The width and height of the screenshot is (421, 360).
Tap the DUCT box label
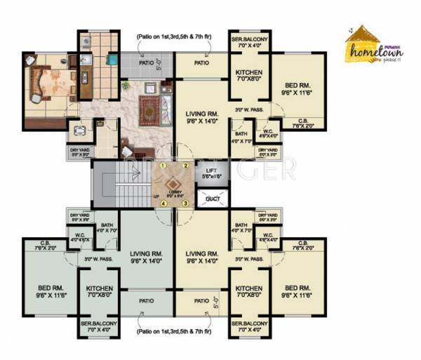[x=210, y=198]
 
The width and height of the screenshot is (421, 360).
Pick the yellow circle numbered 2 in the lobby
[x=186, y=165]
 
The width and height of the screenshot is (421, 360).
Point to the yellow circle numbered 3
[x=186, y=204]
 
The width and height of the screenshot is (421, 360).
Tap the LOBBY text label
[x=173, y=190]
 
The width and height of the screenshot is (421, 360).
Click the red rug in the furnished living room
[x=150, y=108]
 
